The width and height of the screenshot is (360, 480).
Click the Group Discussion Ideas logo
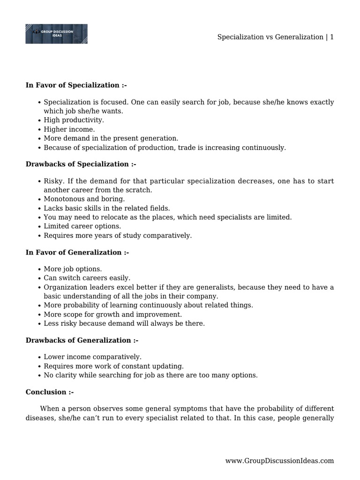tap(56, 34)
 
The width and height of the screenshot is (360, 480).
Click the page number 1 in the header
tap(331, 37)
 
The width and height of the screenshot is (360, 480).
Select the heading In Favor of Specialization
tap(76, 85)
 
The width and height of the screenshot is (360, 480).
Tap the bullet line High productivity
tap(74, 120)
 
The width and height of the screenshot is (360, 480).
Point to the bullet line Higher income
tap(69, 129)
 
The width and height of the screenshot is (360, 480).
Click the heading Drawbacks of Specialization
tap(81, 164)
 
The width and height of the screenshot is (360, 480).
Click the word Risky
tap(53, 181)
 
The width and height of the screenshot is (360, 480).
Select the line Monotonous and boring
tap(77, 199)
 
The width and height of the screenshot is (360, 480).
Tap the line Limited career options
tap(82, 226)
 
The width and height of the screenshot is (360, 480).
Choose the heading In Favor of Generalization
tap(77, 252)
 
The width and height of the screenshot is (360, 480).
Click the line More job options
tap(73, 269)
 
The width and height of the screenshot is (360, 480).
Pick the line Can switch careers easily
tap(87, 278)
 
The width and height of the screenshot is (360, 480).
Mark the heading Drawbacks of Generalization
tap(82, 340)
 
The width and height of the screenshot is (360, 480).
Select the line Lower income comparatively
tap(92, 357)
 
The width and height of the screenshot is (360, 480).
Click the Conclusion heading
tap(49, 392)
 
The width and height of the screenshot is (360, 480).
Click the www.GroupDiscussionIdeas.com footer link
tap(279, 461)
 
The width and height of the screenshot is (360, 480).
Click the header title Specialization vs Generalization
tap(270, 37)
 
